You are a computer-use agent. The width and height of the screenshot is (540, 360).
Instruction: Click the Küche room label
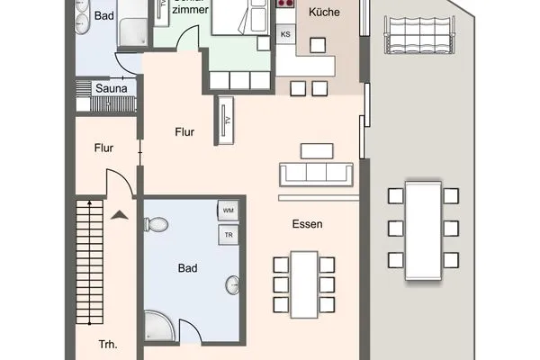pyautogui.click(x=323, y=13)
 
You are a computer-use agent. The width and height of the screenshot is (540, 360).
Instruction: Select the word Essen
pyautogui.click(x=307, y=224)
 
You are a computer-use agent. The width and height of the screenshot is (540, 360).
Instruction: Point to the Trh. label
pyautogui.click(x=108, y=344)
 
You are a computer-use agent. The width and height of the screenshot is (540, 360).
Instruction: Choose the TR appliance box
pyautogui.click(x=228, y=235)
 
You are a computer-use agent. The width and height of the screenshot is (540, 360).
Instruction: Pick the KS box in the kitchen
pyautogui.click(x=285, y=35)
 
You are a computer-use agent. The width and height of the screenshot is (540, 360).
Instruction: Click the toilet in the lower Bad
pyautogui.click(x=157, y=224)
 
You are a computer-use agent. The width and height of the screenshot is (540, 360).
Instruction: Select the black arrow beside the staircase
pyautogui.click(x=120, y=214)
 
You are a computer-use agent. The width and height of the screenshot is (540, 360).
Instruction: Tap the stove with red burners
pyautogui.click(x=286, y=4)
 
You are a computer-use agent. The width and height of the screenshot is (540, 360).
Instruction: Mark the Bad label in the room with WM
pyautogui.click(x=188, y=267)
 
